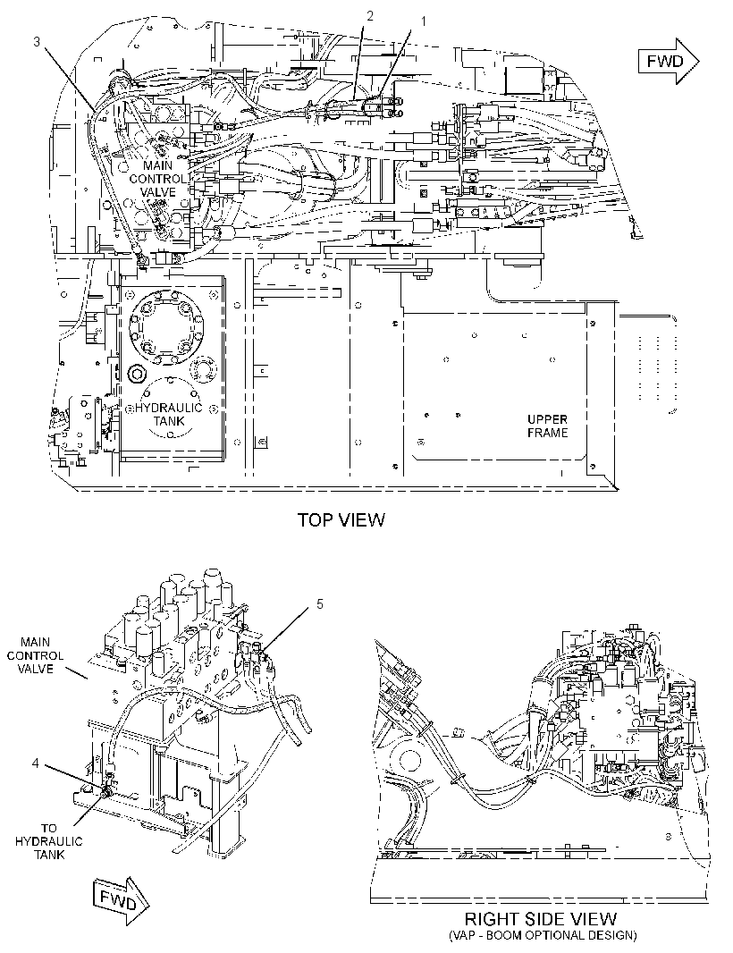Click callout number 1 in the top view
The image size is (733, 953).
(x=424, y=21)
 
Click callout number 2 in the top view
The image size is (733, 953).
(x=369, y=16)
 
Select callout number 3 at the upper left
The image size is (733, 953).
(x=37, y=41)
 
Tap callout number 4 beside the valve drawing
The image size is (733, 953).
(x=36, y=763)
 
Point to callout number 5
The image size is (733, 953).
(x=320, y=604)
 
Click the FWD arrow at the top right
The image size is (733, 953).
(x=669, y=61)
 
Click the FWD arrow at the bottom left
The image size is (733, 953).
(x=121, y=902)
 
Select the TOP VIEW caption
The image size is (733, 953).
(x=341, y=520)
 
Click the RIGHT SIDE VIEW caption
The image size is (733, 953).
(x=540, y=919)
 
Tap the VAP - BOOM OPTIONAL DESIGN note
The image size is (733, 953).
(x=543, y=935)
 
